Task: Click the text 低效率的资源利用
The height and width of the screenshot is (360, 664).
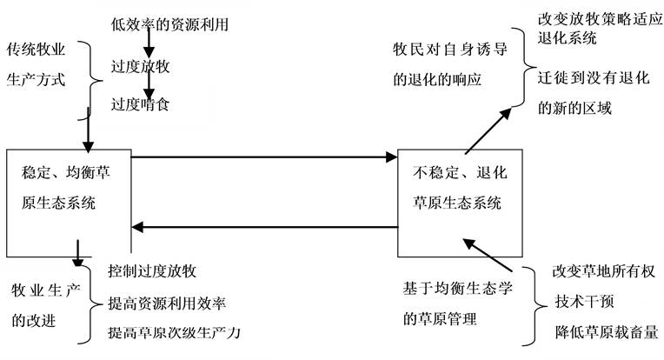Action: click(170, 24)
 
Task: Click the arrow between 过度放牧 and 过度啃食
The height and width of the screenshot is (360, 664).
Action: click(150, 84)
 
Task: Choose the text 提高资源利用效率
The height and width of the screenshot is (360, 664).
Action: click(167, 303)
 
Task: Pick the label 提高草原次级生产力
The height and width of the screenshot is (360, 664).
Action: click(173, 333)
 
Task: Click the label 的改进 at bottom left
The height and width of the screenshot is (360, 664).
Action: click(34, 320)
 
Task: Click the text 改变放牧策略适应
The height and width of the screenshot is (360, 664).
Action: click(594, 18)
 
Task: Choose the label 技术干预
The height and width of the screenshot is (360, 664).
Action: click(581, 301)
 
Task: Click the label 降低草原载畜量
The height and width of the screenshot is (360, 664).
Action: click(601, 332)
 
